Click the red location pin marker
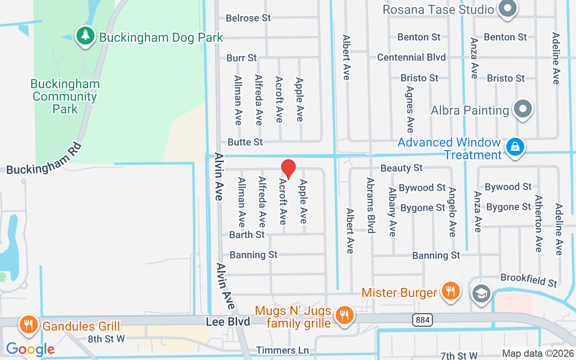tap(288, 169)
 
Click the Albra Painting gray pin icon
tap(523, 109)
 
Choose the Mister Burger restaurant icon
tap(450, 291)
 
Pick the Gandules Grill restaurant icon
tap(29, 325)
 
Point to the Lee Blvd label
tap(228, 322)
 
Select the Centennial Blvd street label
tap(411, 57)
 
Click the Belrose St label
tap(248, 18)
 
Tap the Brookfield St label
tap(529, 280)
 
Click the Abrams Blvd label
tap(370, 205)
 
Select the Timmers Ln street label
tap(282, 350)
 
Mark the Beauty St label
tap(401, 168)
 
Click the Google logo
tap(30, 349)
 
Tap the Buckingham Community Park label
tap(65, 96)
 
